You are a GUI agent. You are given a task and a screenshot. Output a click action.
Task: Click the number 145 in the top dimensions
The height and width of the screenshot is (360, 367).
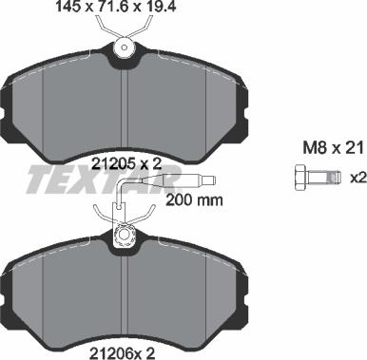click(43, 9)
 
